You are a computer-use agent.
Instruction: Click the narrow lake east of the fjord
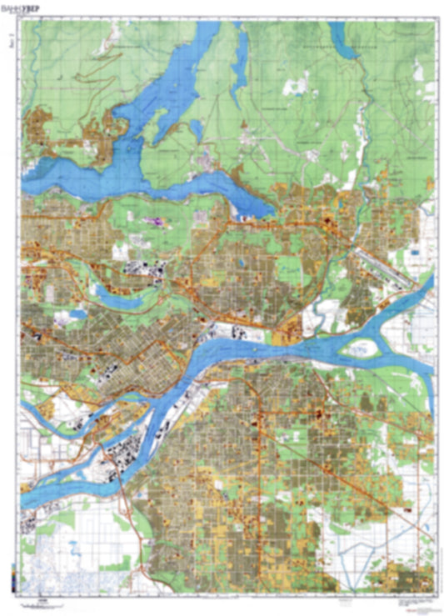(241, 58)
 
